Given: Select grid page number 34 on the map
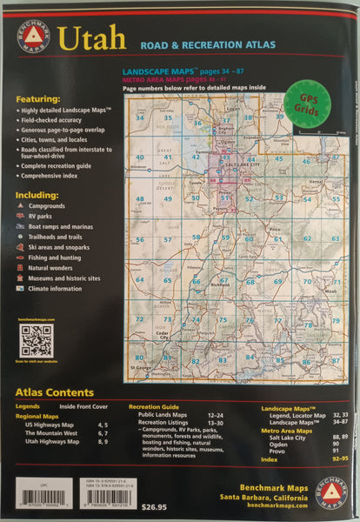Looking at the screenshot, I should click(140, 117).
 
